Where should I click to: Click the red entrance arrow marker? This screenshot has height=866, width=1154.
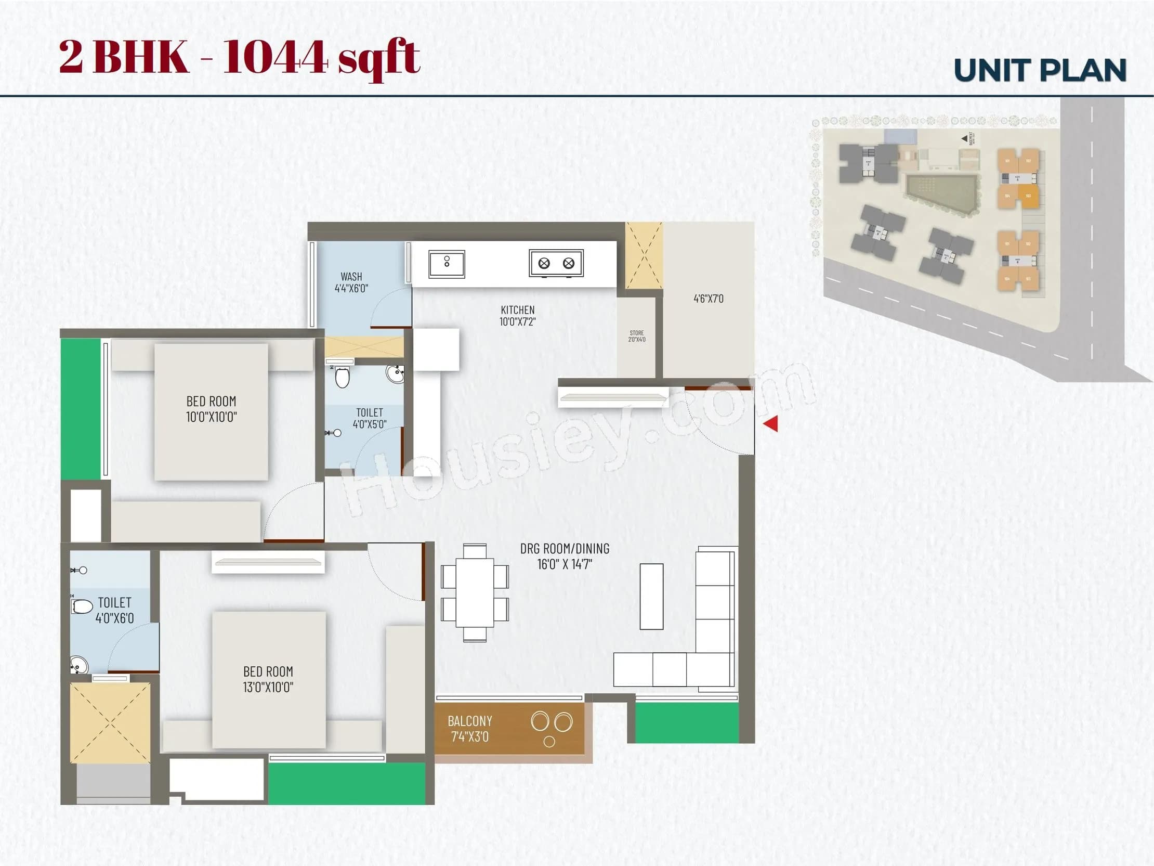pos(771,423)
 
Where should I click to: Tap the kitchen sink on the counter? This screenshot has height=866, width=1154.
pos(447,264)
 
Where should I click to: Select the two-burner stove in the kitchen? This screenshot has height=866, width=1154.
pos(556,263)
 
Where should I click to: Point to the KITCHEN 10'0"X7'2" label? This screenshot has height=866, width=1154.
pos(518,316)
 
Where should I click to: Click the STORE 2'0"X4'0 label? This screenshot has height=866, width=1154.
pos(636,335)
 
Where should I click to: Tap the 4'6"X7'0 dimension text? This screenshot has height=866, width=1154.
pos(708,299)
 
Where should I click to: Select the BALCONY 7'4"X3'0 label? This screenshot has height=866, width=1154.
pos(469,729)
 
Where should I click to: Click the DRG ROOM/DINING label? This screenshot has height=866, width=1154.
pos(565,556)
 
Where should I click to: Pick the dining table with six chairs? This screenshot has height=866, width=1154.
pos(475,592)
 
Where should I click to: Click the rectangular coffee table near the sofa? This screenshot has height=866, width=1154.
pos(651,596)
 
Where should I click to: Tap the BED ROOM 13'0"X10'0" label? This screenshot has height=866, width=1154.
pos(268,679)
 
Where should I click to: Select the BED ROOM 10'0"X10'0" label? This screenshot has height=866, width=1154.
pos(211,409)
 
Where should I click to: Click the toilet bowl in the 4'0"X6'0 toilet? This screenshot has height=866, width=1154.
pos(82,606)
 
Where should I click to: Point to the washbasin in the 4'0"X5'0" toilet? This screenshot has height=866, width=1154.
pos(395,374)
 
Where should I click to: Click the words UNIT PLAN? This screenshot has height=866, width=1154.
pos(1040,70)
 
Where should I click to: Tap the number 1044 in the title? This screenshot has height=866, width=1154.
pos(276,57)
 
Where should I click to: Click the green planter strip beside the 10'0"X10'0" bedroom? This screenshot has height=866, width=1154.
pos(81,409)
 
